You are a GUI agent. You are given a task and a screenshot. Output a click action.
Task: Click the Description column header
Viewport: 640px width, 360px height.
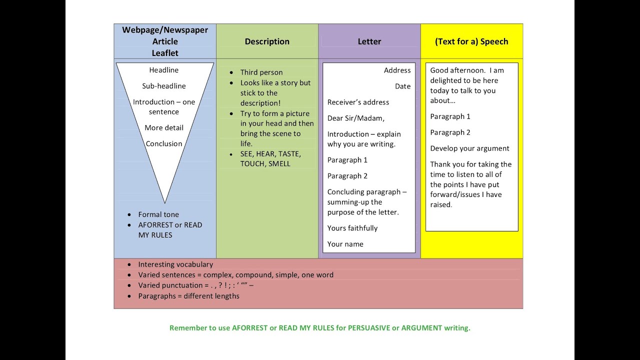pos(267,41)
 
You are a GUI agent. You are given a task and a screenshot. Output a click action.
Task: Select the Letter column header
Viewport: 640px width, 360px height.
pos(369,41)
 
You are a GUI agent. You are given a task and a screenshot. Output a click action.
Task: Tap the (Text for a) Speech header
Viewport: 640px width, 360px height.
pos(471,41)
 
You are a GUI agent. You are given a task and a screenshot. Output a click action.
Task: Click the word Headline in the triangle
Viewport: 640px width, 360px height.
pos(164,70)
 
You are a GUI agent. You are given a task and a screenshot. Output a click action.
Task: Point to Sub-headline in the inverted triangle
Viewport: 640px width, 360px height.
pos(164,86)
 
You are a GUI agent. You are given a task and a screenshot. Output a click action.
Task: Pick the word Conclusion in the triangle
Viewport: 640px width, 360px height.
pos(164,143)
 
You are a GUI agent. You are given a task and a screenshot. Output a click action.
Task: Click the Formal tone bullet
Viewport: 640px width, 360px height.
pos(158,214)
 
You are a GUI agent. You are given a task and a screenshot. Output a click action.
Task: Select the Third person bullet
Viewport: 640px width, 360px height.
pos(261,72)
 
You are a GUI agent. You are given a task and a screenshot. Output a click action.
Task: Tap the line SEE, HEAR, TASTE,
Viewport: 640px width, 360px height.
pos(270,154)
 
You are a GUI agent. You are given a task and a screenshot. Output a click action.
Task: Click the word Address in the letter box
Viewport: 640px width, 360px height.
pos(397,70)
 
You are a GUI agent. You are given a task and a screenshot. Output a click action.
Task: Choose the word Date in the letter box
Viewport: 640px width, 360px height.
pos(403,86)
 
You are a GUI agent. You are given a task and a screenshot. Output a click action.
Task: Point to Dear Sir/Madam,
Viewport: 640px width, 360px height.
pos(356,118)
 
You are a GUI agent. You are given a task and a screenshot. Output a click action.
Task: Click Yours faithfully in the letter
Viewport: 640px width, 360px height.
pos(352,228)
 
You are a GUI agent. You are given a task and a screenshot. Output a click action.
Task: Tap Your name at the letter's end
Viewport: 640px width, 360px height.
pos(345,244)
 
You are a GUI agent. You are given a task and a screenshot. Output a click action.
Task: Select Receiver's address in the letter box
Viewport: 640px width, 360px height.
pos(358,102)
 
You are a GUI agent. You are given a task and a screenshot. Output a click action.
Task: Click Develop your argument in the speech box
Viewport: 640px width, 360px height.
pos(470,148)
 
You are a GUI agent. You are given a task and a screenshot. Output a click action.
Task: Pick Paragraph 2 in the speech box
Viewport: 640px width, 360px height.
pos(450,132)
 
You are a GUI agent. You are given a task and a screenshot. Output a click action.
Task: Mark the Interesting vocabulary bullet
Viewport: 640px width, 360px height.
pos(175,264)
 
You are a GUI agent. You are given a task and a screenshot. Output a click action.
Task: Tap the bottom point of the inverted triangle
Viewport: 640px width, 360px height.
pos(165,202)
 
